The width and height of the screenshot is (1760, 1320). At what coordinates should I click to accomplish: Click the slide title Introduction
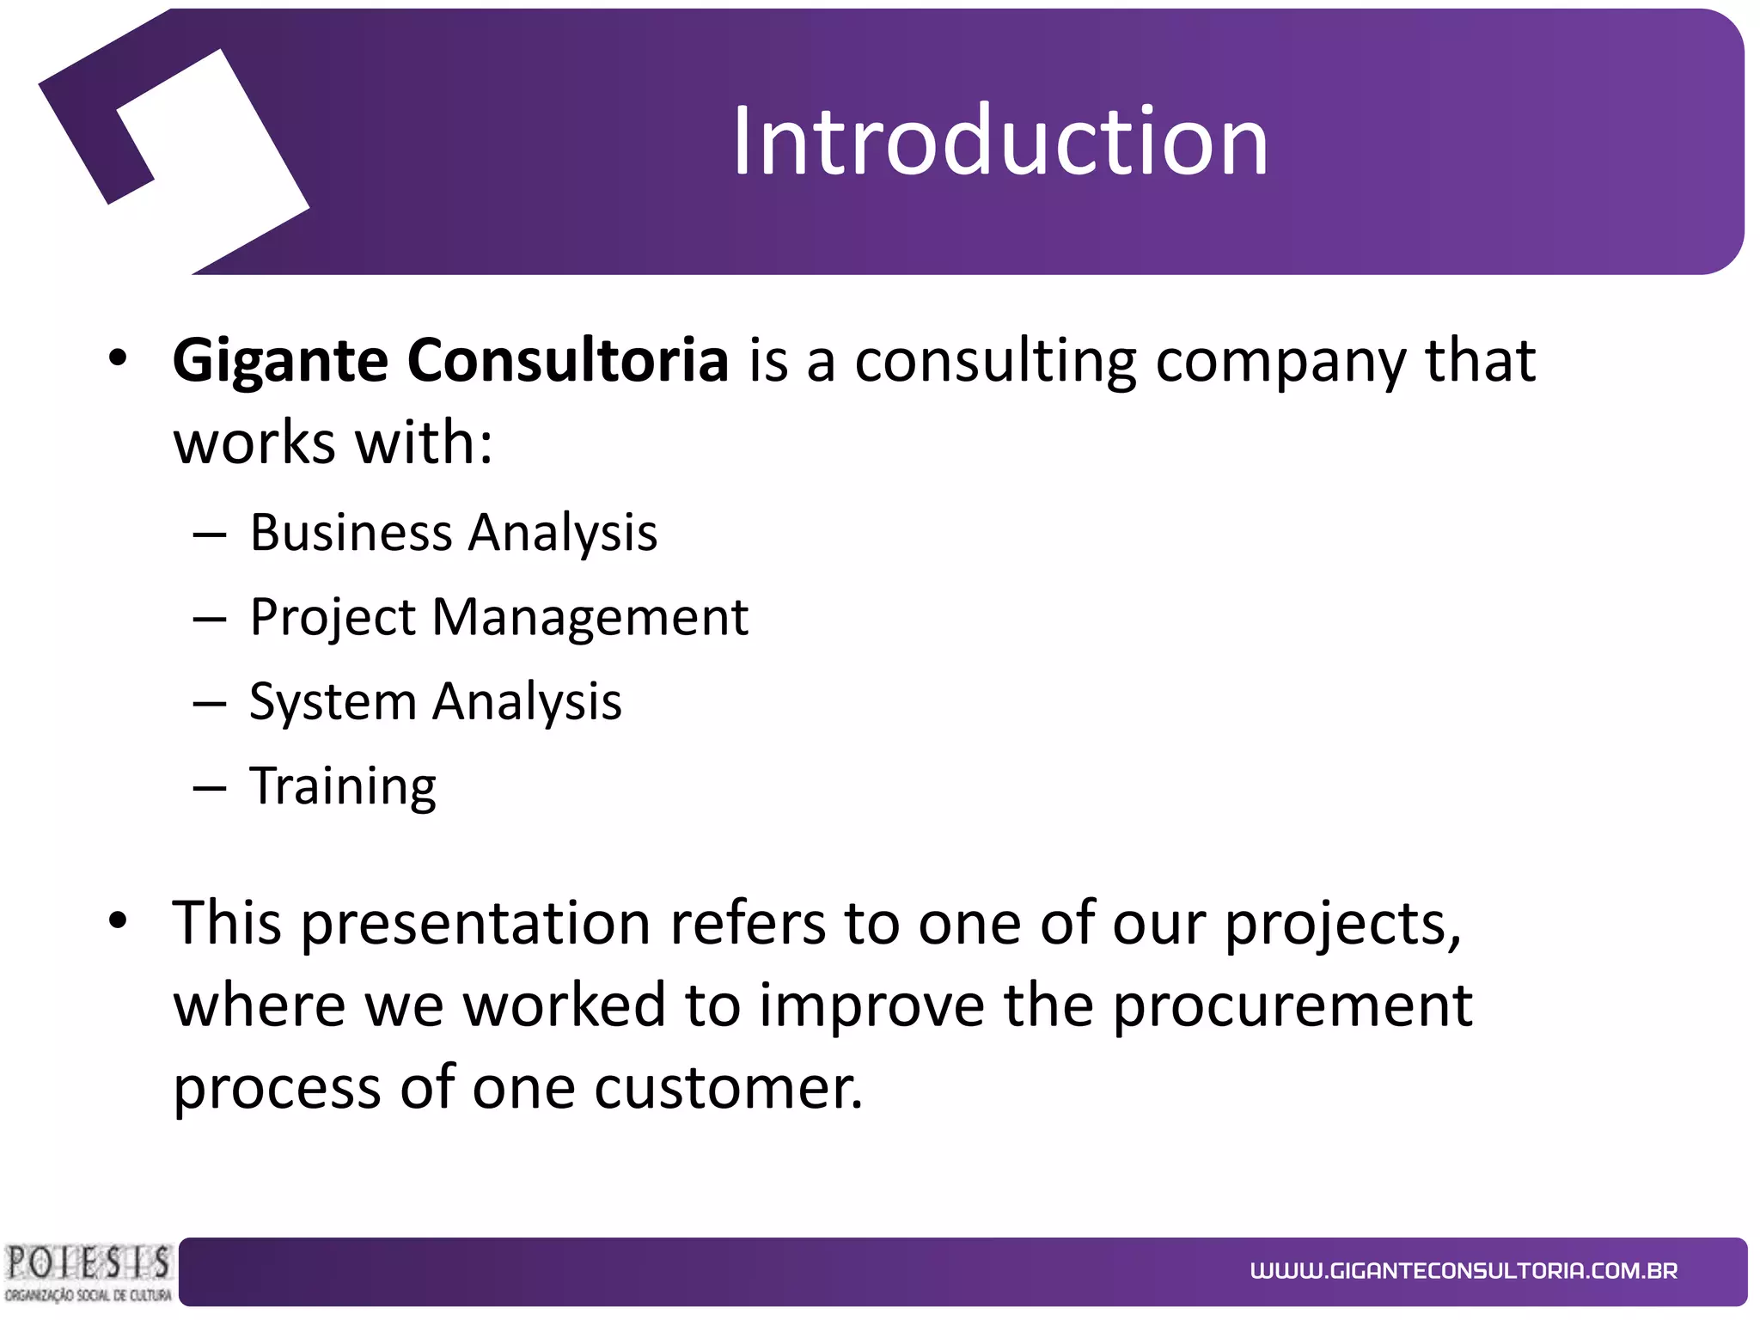pyautogui.click(x=999, y=141)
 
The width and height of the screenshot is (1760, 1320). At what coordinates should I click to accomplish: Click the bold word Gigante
pyautogui.click(x=280, y=361)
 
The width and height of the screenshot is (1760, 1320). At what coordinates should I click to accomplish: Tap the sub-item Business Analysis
pyautogui.click(x=453, y=533)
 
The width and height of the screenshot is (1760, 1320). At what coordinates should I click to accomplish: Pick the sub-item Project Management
pyautogui.click(x=498, y=617)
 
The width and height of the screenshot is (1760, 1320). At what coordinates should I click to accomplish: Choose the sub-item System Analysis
pyautogui.click(x=435, y=702)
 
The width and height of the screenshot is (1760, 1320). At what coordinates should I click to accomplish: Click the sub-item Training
pyautogui.click(x=342, y=786)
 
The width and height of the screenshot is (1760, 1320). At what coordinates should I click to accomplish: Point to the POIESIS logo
pyautogui.click(x=88, y=1272)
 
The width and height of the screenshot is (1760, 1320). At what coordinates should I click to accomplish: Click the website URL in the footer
pyautogui.click(x=1464, y=1271)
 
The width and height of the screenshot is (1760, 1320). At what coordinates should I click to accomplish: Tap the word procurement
pyautogui.click(x=1292, y=1005)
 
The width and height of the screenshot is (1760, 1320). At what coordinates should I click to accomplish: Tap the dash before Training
pyautogui.click(x=210, y=787)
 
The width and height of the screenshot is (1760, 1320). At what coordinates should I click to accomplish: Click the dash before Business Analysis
pyautogui.click(x=210, y=535)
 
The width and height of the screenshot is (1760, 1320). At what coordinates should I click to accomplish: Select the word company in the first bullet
pyautogui.click(x=1280, y=361)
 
